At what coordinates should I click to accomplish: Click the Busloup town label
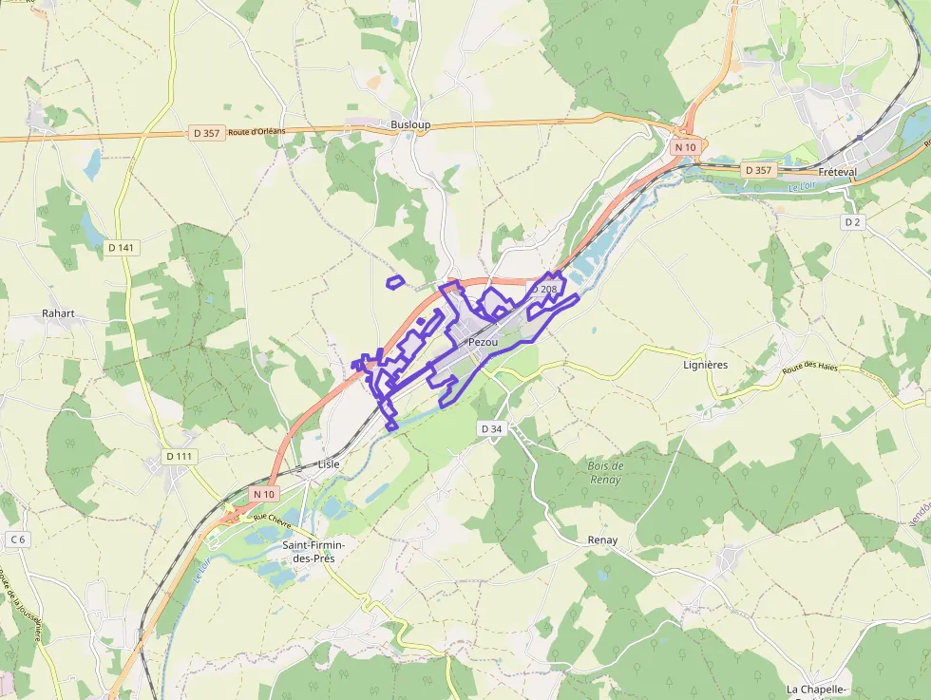pos(410,124)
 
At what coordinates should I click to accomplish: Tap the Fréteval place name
pos(837,173)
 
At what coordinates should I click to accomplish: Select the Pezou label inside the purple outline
pos(483,342)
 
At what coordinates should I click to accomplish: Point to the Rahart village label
pos(58,312)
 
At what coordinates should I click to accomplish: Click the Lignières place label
pos(705,365)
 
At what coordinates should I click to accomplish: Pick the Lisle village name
pos(329,464)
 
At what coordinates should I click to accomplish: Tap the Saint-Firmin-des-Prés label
pos(313,552)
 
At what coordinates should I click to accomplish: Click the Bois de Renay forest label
pos(605,472)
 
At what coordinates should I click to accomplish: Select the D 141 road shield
pos(122,248)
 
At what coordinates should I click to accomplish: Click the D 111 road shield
pos(179,457)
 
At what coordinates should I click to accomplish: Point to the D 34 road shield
pos(491,429)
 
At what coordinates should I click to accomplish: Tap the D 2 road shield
pos(852,221)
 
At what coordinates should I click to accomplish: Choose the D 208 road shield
pos(543,289)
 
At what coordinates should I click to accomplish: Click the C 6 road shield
pos(17,539)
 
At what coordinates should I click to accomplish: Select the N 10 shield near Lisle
pos(264,494)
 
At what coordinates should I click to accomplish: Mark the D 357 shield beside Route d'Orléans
pos(205,133)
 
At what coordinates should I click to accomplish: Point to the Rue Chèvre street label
pos(273,519)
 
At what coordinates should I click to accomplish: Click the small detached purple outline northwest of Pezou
pos(395,281)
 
